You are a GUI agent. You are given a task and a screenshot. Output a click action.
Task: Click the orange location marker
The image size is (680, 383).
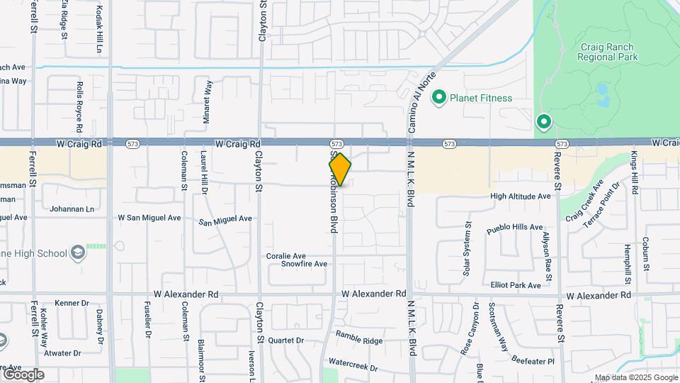point(340,170)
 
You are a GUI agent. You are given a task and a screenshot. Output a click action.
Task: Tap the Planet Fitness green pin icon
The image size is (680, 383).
point(439,98)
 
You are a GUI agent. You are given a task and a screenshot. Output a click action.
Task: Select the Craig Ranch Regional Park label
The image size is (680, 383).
point(609,52)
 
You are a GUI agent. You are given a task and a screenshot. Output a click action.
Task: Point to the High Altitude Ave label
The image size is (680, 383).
point(520,196)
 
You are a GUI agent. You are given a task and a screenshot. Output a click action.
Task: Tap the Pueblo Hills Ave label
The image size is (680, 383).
point(514,228)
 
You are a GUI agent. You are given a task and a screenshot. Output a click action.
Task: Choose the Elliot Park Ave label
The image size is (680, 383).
point(516,285)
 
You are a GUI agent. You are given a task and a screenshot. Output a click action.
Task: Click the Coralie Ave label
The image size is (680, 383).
point(286,255)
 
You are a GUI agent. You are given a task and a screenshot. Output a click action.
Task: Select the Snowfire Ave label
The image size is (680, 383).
point(304,264)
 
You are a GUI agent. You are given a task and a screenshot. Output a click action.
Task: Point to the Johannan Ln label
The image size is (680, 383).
point(72,209)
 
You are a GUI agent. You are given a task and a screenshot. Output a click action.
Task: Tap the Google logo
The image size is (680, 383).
point(23,374)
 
